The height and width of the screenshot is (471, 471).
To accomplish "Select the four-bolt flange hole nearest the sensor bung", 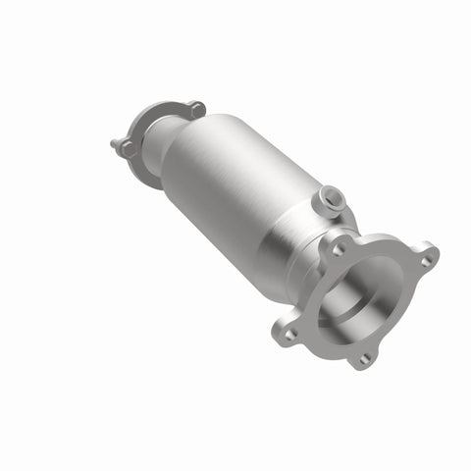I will [339, 250].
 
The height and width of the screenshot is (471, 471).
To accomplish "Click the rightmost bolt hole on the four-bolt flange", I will [426, 261].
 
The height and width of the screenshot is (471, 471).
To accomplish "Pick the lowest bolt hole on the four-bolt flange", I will [363, 359].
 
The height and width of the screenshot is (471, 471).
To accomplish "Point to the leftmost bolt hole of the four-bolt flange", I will [289, 334].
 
